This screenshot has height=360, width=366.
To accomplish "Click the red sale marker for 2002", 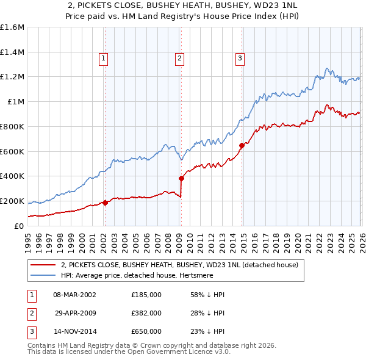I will click(x=105, y=203).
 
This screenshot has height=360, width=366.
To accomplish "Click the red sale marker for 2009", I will click(x=181, y=178).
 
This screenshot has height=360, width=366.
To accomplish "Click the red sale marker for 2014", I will click(x=242, y=145).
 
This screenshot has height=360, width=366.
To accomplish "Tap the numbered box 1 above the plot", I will click(x=104, y=59).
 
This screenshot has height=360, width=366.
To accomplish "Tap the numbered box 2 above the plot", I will click(x=180, y=59).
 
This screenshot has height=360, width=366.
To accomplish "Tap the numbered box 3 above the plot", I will click(x=240, y=59).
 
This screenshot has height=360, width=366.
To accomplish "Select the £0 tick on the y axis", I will click(x=20, y=226).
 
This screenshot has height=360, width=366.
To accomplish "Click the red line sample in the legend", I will click(x=43, y=265).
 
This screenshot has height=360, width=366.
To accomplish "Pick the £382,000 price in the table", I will click(x=146, y=312).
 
